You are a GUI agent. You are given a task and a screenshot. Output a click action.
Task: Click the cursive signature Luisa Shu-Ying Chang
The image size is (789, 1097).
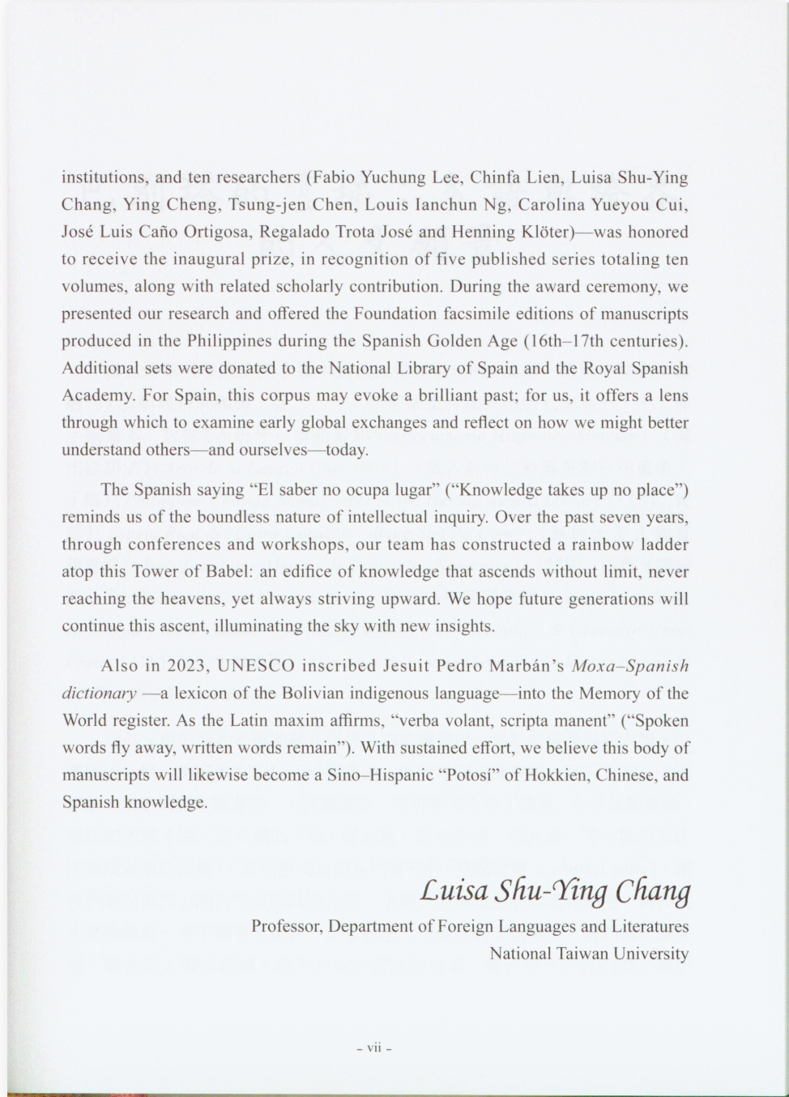(555, 890)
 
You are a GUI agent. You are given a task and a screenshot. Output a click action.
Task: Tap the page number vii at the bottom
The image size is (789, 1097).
(374, 1047)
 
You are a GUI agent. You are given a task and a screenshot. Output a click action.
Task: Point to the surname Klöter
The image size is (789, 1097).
(544, 232)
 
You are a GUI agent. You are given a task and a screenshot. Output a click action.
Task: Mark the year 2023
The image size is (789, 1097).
(189, 666)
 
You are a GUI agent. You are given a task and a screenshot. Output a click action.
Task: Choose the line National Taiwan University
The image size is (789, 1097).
(589, 954)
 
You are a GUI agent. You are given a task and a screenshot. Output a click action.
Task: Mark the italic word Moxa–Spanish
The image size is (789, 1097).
(629, 666)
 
